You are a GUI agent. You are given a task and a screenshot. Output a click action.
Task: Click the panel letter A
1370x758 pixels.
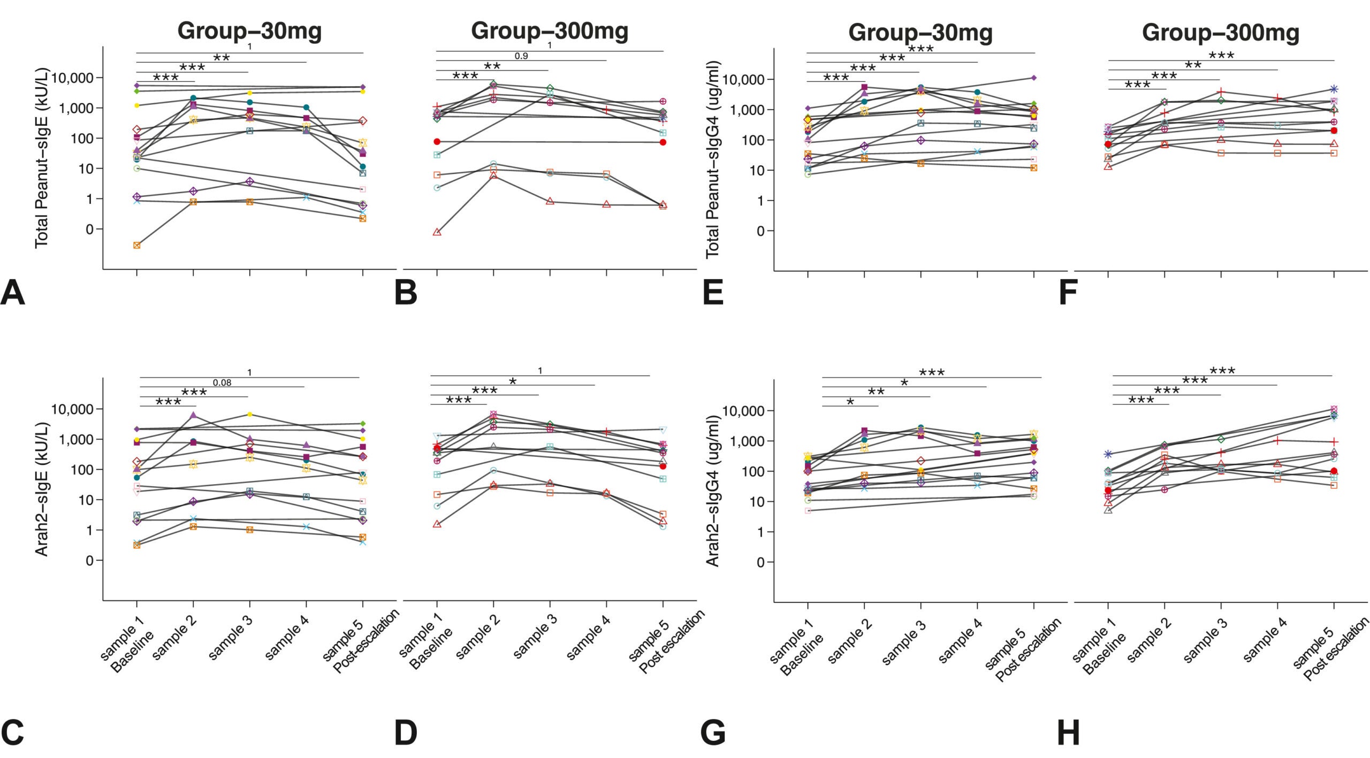pyautogui.click(x=13, y=293)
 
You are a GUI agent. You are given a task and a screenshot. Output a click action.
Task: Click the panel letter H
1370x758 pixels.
pyautogui.click(x=1068, y=732)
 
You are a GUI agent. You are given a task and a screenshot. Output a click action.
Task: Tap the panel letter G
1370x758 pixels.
pyautogui.click(x=713, y=732)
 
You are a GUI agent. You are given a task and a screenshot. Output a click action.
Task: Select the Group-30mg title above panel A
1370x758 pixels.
pyautogui.click(x=249, y=30)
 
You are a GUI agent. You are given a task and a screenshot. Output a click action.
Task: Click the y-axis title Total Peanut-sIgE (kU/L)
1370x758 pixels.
pyautogui.click(x=42, y=158)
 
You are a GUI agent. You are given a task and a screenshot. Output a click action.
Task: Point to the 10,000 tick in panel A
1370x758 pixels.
pyautogui.click(x=72, y=78)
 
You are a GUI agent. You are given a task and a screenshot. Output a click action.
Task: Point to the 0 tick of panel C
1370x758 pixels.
pyautogui.click(x=89, y=561)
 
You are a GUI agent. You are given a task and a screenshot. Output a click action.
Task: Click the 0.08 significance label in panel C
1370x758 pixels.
pyautogui.click(x=222, y=382)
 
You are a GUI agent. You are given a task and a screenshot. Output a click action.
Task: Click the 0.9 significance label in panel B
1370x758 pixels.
pyautogui.click(x=521, y=56)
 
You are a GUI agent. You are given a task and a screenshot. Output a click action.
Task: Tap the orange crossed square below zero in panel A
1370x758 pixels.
pyautogui.click(x=137, y=246)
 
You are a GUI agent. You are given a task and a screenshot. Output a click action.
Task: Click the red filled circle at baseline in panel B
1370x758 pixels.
pyautogui.click(x=437, y=142)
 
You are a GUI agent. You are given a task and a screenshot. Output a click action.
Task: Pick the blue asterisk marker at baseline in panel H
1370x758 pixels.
pyautogui.click(x=1108, y=454)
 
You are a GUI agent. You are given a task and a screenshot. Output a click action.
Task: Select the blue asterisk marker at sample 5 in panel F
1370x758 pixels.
pyautogui.click(x=1334, y=89)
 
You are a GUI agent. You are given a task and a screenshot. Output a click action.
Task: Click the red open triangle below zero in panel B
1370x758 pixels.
pyautogui.click(x=437, y=232)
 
